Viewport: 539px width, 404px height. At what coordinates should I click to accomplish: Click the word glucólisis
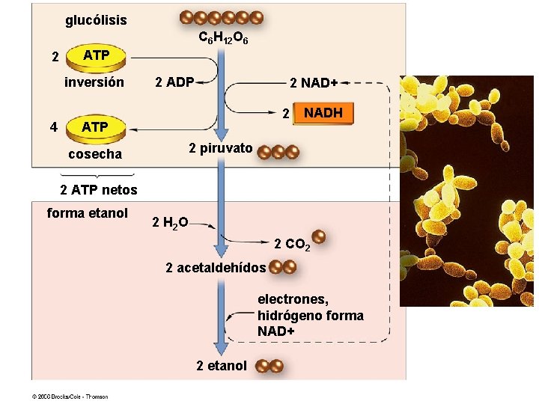click(96, 20)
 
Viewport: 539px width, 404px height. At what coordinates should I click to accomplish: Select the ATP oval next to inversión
click(96, 56)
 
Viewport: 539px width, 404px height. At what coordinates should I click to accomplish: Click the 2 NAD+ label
click(314, 82)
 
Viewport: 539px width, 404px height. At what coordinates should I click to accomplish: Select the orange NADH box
click(323, 114)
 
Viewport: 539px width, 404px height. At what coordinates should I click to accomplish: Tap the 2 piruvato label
click(220, 148)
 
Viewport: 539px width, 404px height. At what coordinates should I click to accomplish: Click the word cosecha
click(94, 154)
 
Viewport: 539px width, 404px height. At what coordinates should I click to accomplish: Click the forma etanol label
click(88, 213)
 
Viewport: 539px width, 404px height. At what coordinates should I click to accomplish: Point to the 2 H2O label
click(170, 222)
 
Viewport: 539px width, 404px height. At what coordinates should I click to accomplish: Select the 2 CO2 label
click(292, 245)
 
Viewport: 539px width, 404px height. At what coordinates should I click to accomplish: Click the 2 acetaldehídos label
click(216, 267)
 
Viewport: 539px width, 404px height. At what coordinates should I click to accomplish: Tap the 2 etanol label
click(221, 366)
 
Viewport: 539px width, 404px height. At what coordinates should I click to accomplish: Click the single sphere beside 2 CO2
click(318, 237)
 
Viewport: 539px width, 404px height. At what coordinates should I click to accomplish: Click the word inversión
click(94, 82)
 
